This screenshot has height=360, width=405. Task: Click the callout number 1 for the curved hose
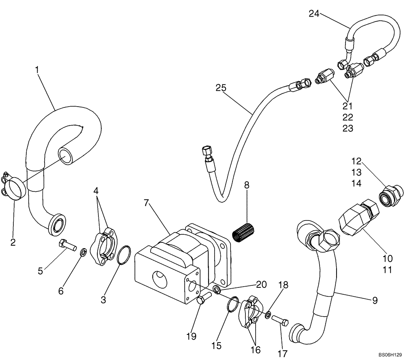(37, 70)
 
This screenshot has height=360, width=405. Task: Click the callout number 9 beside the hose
(375, 300)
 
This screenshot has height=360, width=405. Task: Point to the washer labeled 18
(269, 314)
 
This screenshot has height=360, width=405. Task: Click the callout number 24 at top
(314, 14)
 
